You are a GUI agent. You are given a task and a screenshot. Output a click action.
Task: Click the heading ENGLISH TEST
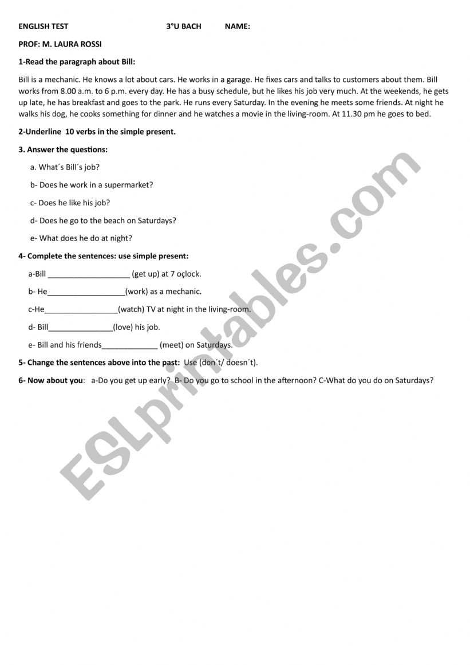coord(44,26)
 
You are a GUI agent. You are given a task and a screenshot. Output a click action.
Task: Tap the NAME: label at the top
coord(237,26)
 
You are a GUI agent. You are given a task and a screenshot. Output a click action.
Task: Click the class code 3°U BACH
coord(184,26)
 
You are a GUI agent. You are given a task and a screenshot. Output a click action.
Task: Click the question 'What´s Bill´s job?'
coord(69,167)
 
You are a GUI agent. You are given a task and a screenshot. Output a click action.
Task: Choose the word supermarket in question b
coord(128,185)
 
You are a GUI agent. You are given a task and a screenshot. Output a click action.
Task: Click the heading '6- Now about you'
coord(51,380)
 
